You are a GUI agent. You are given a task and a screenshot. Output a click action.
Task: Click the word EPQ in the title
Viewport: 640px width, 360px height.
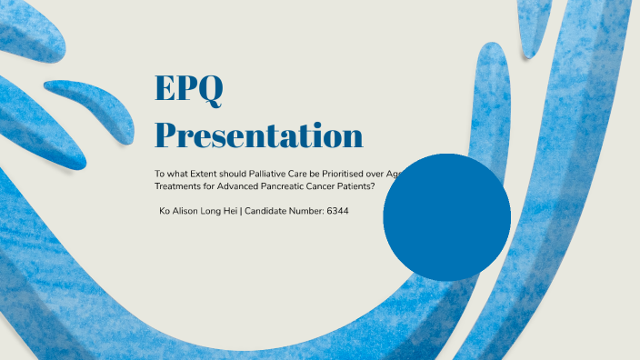pos(189,89)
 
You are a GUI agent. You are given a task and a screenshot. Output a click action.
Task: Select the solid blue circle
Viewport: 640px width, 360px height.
pos(446,217)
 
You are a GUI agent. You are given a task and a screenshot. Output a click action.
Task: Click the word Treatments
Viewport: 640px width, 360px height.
pos(178,186)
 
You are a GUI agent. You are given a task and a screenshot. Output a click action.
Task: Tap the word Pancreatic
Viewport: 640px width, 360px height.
pos(288,186)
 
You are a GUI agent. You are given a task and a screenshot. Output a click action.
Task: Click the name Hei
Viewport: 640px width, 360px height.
pos(232,211)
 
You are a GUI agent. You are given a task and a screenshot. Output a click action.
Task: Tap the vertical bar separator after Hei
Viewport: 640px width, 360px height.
pos(242,211)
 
